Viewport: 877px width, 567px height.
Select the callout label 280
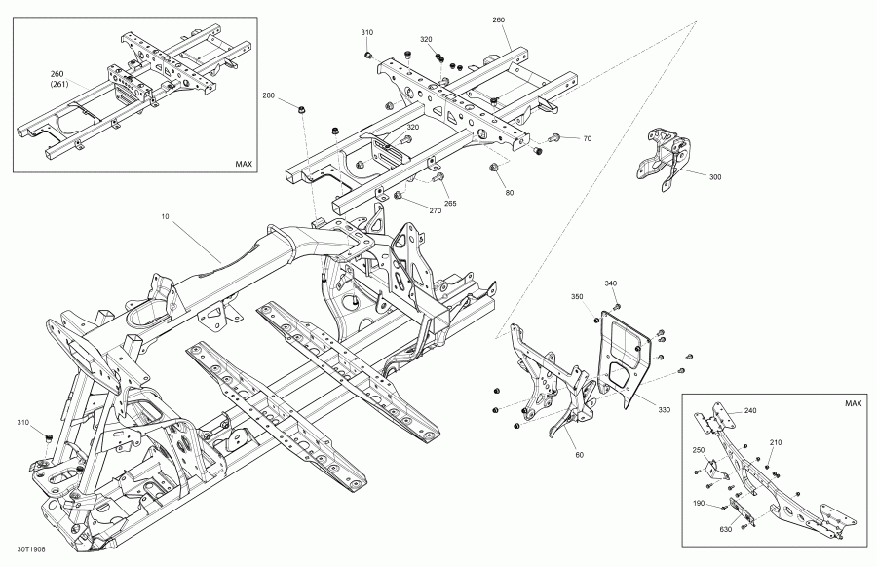click(x=268, y=95)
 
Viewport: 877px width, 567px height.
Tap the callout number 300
click(x=715, y=178)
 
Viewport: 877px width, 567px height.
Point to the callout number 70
click(x=587, y=139)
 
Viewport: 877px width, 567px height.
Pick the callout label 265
click(x=450, y=203)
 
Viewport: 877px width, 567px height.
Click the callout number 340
click(x=611, y=283)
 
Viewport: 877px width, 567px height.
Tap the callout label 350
click(x=577, y=297)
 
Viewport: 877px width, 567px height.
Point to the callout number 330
click(x=665, y=410)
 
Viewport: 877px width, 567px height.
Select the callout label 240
click(x=749, y=411)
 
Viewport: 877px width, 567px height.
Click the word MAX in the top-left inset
click(x=244, y=165)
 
